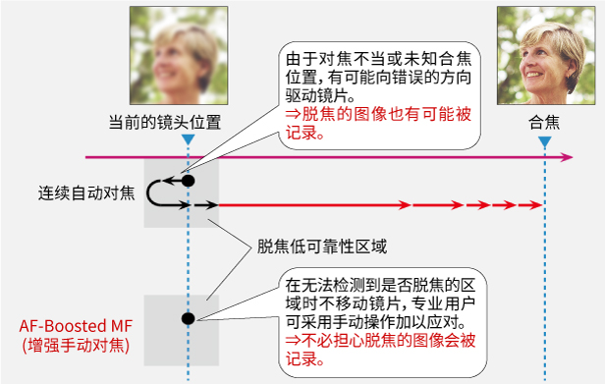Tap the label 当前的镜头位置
coord(164,123)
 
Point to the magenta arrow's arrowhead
coord(569,157)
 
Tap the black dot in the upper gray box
coord(188,181)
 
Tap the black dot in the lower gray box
coord(187,316)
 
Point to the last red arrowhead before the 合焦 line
coord(536,205)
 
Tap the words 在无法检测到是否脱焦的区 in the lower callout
coord(379,281)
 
